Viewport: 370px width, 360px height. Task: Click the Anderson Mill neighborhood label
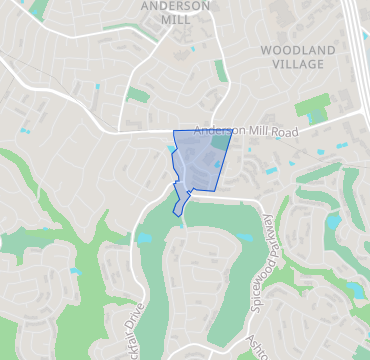tap(175, 11)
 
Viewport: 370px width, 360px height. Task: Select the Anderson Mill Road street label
tap(246, 131)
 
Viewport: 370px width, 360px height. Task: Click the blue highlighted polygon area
tap(196, 160)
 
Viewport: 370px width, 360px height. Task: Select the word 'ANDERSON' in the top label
tap(175, 4)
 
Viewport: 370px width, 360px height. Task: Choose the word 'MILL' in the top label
tap(175, 18)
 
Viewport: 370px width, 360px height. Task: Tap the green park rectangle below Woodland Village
tap(312, 106)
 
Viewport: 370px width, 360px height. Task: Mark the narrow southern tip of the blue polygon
tap(176, 213)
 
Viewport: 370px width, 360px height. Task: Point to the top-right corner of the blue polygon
tap(231, 130)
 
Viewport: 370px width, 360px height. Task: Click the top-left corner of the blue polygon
tap(173, 131)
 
